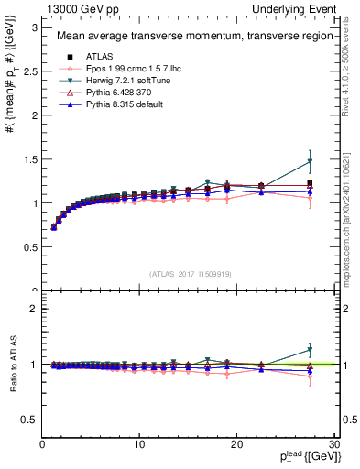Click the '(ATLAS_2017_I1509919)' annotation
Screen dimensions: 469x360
187,271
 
